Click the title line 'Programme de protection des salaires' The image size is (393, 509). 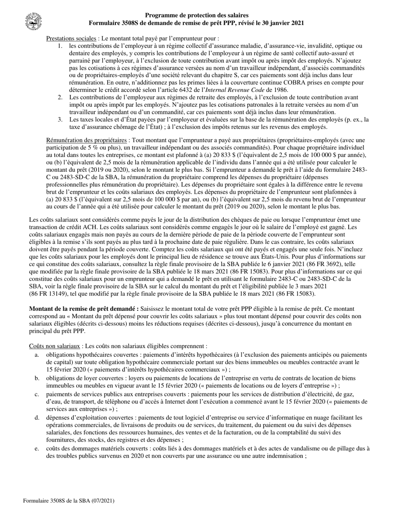(196, 15)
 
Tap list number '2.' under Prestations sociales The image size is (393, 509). (60, 97)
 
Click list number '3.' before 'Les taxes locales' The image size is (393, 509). (60, 120)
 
